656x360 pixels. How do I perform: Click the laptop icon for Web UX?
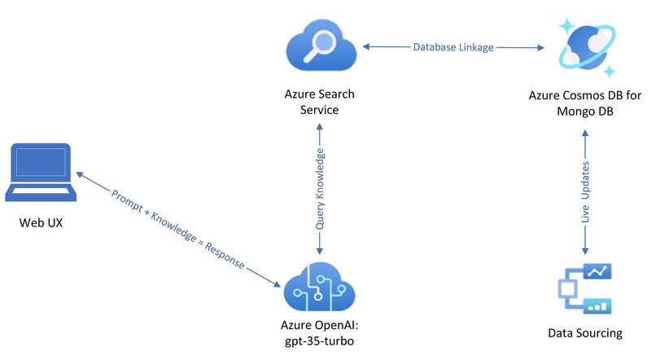coord(41,173)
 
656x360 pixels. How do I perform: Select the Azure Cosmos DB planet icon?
coord(588,47)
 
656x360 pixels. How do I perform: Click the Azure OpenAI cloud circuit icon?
coord(319,287)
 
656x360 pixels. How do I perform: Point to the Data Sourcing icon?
coord(585,288)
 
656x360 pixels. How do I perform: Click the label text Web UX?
coord(41,222)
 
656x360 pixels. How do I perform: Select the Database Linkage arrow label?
coord(453,47)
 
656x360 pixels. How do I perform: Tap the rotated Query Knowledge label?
coord(320,189)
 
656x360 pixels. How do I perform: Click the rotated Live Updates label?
coord(585,192)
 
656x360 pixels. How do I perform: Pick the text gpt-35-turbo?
coord(319,341)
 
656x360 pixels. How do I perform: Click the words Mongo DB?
coord(585,112)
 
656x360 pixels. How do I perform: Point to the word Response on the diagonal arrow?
coord(225,255)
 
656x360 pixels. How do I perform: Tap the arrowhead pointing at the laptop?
coord(80,174)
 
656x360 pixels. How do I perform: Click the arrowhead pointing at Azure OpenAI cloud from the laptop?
coord(277,284)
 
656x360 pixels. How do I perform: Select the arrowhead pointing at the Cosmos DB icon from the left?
coord(540,47)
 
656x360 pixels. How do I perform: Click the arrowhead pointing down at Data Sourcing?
coord(585,251)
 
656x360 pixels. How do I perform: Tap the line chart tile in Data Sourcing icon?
coord(597,272)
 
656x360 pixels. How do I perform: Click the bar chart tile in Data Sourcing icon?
coord(597,306)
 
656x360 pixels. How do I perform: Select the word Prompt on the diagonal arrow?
coord(127,200)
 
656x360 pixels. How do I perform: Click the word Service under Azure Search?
coord(319,110)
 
